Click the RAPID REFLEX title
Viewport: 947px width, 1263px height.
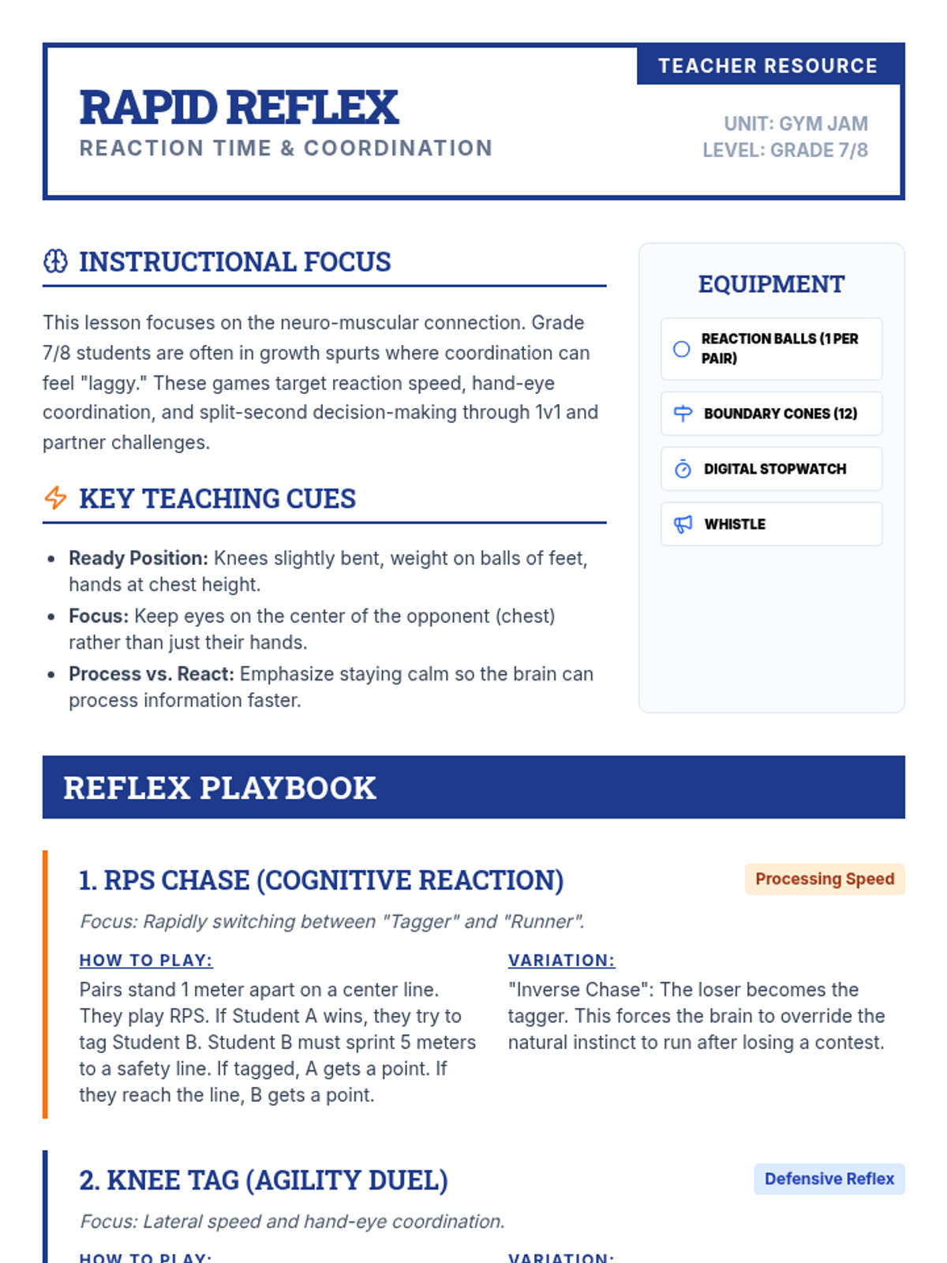click(x=239, y=107)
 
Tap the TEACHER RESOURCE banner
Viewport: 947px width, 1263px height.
click(x=768, y=66)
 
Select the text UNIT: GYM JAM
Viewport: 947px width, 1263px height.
click(x=795, y=124)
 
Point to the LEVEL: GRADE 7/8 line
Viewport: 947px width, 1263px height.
click(x=785, y=150)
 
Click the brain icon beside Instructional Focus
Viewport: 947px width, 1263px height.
click(x=55, y=261)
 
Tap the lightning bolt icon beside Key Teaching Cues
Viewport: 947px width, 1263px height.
click(x=55, y=498)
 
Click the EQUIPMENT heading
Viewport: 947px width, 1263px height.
click(x=771, y=284)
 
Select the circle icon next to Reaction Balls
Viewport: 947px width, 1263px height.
click(x=682, y=349)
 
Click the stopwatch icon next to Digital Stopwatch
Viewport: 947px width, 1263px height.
click(x=683, y=469)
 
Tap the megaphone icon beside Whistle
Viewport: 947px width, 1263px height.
click(x=683, y=524)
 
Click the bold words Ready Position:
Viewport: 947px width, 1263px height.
click(x=138, y=558)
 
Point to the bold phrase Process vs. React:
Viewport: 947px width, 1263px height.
click(x=151, y=674)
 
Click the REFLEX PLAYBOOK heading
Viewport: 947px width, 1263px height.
click(x=219, y=788)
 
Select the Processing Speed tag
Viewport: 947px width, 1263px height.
click(x=825, y=879)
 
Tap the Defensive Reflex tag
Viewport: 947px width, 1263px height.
click(x=829, y=1179)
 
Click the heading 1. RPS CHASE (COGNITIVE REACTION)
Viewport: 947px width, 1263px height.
click(x=321, y=880)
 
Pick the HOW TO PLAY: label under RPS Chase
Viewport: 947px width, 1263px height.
click(x=146, y=961)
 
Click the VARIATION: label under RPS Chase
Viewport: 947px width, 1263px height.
click(x=561, y=961)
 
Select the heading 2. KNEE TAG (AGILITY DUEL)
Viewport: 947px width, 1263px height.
click(x=264, y=1180)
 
